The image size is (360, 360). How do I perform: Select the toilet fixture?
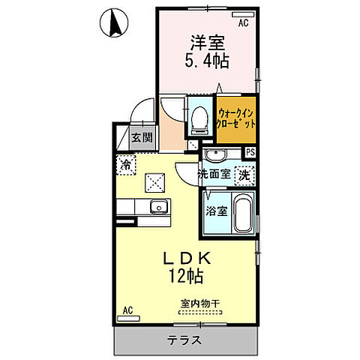point(199,118)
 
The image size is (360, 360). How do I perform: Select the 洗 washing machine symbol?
point(244,175)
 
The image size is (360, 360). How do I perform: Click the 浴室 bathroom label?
point(216,211)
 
